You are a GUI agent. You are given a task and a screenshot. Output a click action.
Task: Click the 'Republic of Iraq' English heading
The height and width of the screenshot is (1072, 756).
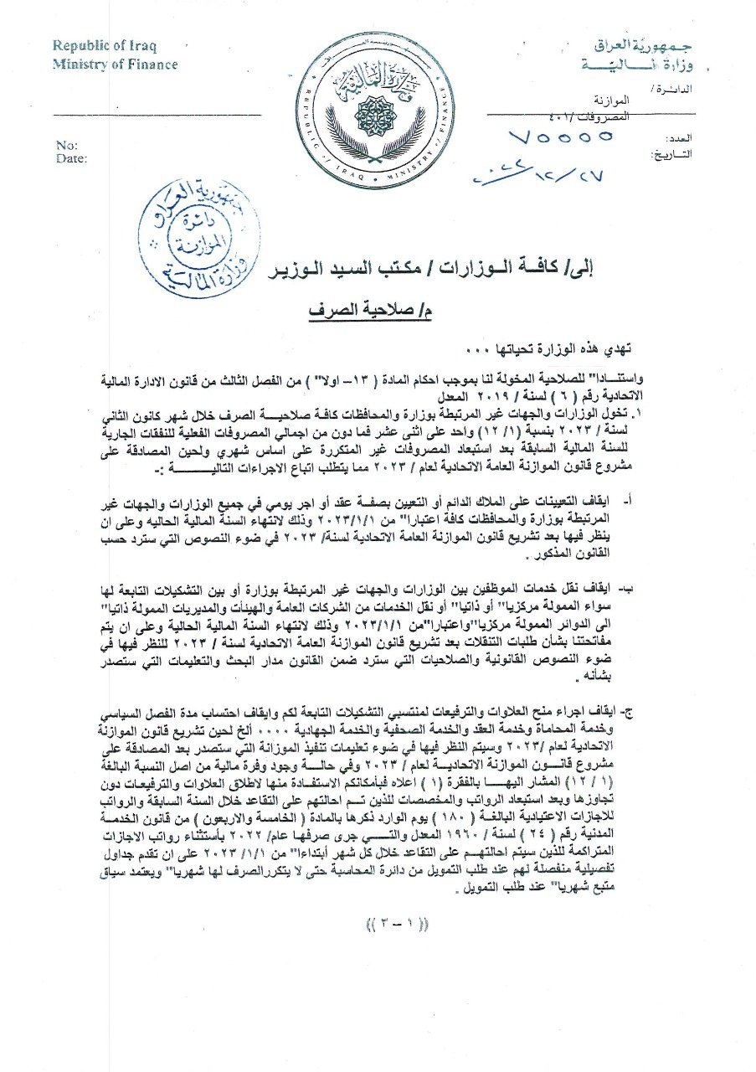pyautogui.click(x=105, y=46)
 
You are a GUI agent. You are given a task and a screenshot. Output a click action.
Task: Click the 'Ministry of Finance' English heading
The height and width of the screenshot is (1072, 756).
pyautogui.click(x=116, y=64)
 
